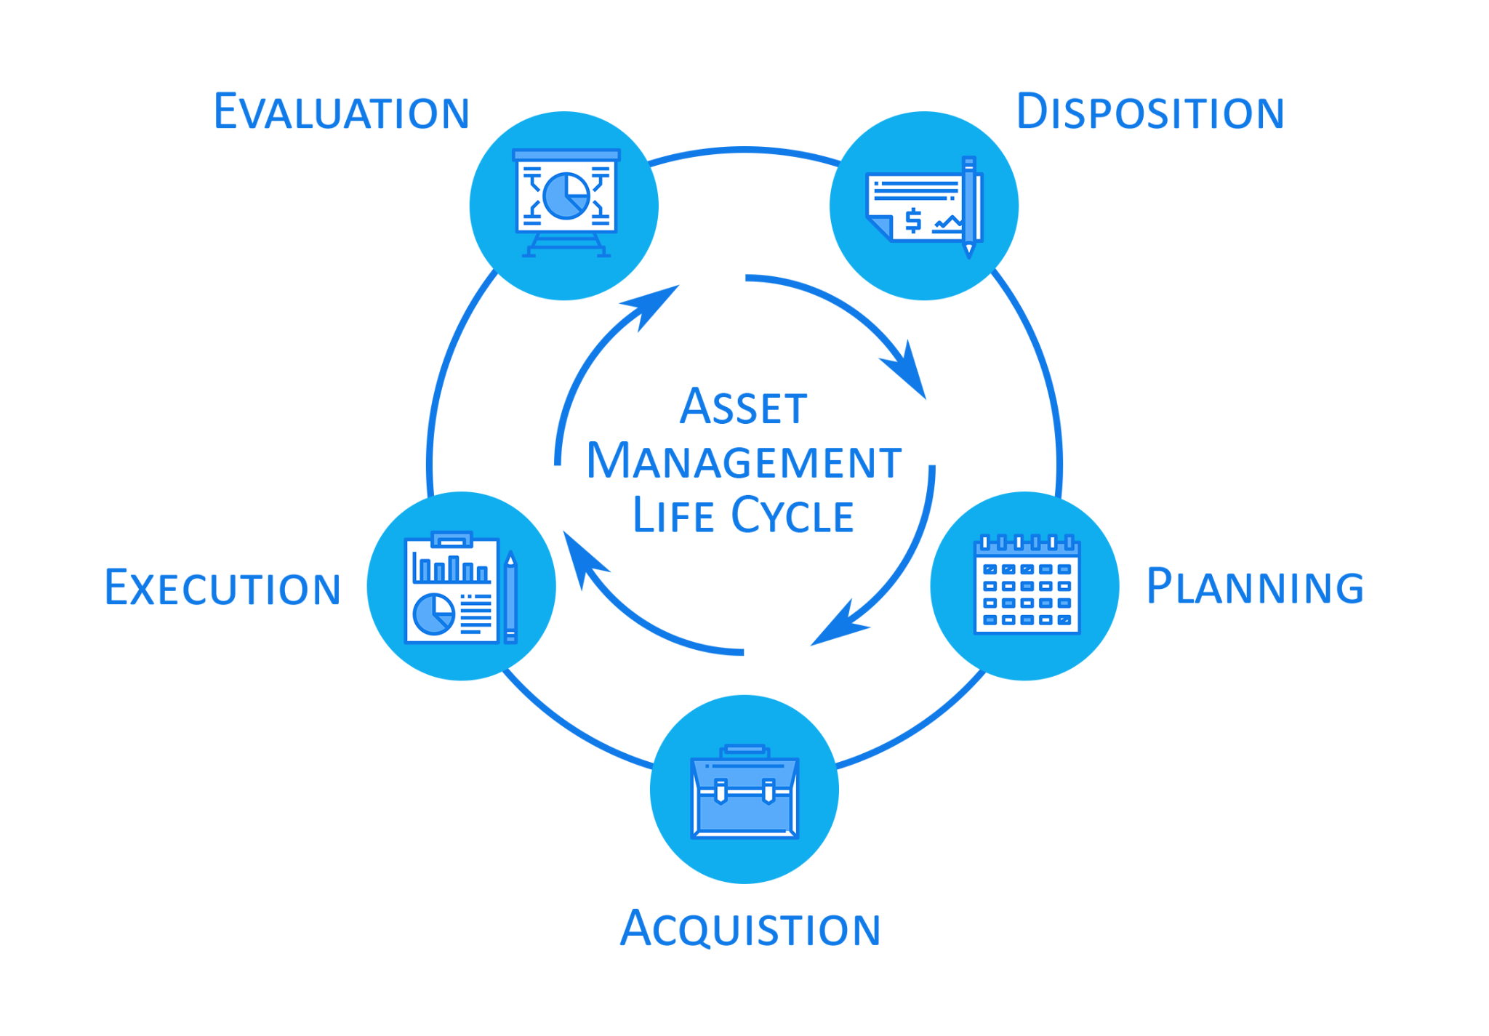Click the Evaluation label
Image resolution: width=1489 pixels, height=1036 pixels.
(342, 112)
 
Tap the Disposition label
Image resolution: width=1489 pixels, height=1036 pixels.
(1150, 112)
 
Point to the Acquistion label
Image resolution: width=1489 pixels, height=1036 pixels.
(750, 928)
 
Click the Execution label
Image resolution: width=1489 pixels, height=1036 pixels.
(222, 587)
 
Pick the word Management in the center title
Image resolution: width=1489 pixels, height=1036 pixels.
(744, 461)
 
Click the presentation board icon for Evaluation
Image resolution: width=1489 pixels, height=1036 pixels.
(566, 203)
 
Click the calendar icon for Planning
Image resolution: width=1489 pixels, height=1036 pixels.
(1027, 585)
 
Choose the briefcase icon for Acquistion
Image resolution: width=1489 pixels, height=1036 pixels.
(744, 791)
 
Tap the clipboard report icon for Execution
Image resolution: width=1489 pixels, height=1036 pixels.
(460, 587)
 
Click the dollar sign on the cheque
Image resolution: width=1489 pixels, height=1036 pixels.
(913, 220)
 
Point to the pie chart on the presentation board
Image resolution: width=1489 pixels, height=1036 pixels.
(566, 196)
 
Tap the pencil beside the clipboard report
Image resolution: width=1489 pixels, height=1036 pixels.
(510, 597)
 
